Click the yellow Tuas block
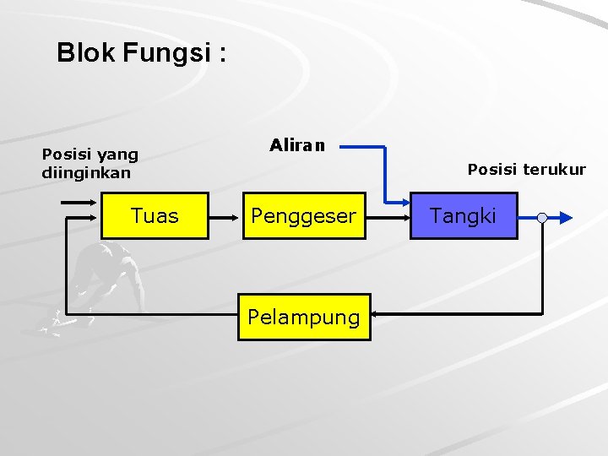coord(155,216)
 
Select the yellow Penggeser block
coord(304,216)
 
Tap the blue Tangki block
coord(463,216)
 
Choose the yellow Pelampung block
coord(304,317)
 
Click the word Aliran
coord(297,145)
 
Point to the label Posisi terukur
coord(526,170)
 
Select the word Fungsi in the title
coord(167,54)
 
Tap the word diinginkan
coord(86,173)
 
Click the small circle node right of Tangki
coord(542,218)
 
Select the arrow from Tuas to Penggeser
coord(225,217)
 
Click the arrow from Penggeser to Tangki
coord(387,217)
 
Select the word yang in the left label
coord(117,155)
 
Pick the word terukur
coord(553,170)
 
